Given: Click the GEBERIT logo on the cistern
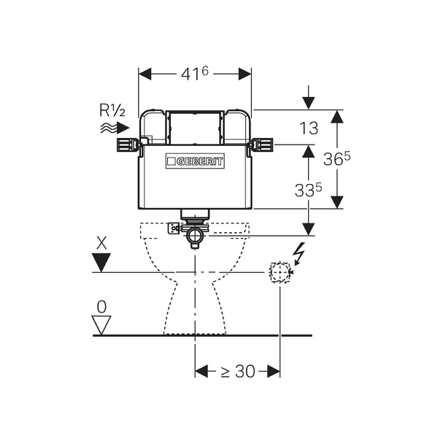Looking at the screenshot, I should [195, 161].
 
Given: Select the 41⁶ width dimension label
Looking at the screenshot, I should [195, 74].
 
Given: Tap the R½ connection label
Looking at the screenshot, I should [112, 111].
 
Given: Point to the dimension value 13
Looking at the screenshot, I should [309, 128].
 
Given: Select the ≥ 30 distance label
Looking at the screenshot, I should [237, 372].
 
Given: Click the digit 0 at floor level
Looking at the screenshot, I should [102, 306].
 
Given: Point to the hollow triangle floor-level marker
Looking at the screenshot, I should [102, 323].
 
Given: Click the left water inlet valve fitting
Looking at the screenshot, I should [127, 144].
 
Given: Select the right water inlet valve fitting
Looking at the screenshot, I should [262, 145].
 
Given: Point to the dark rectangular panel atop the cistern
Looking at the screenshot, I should [195, 128].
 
